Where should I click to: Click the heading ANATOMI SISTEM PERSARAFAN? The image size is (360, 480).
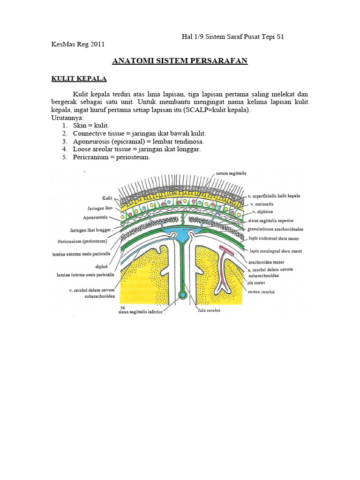tap(180, 61)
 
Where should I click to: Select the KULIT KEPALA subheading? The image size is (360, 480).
tap(79, 78)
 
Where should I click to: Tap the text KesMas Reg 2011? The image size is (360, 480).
tap(77, 45)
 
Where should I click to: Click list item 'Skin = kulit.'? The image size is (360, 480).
tap(90, 126)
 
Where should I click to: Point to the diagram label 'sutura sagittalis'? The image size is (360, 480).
tap(231, 173)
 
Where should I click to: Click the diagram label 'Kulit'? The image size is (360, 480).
tap(107, 198)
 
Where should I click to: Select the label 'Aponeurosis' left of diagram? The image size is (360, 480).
tap(96, 218)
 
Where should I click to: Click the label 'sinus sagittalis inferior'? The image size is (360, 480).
tap(141, 311)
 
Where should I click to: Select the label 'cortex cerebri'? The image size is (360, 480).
tap(261, 292)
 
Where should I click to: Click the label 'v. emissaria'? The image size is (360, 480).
tap(262, 204)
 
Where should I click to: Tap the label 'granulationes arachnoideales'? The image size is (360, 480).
tap(276, 229)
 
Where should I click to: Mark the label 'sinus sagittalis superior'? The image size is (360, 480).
tap(271, 220)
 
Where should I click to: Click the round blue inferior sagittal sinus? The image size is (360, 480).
tap(183, 296)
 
